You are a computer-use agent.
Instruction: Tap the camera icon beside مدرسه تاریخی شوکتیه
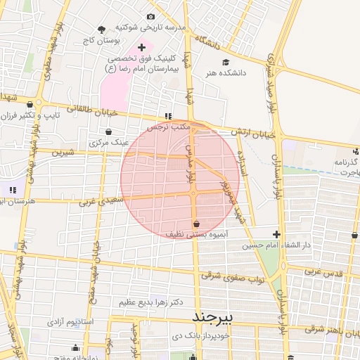pyautogui.click(x=150, y=17)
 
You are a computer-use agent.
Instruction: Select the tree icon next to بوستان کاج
pyautogui.click(x=103, y=30)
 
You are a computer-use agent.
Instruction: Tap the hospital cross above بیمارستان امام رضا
pyautogui.click(x=141, y=47)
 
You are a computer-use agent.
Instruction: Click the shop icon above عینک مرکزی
pyautogui.click(x=108, y=131)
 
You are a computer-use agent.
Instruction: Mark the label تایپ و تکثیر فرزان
pyautogui.click(x=44, y=115)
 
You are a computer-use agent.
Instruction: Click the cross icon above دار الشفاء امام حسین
pyautogui.click(x=277, y=235)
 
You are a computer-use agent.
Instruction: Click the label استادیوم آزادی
pyautogui.click(x=70, y=321)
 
